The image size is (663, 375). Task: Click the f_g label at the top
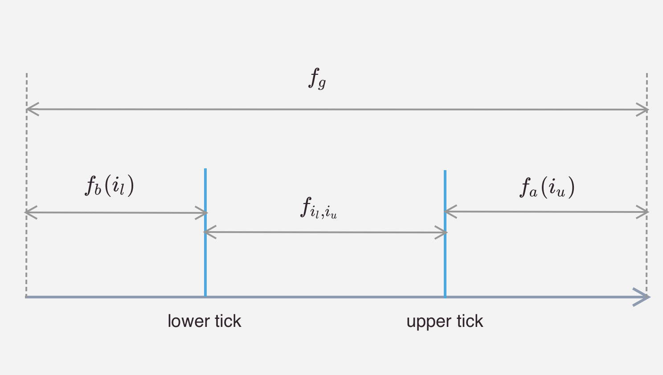[x=317, y=79]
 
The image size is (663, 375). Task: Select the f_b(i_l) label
[x=110, y=185]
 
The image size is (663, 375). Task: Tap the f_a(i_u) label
[x=547, y=187]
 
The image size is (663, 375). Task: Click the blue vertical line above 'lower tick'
[x=205, y=249]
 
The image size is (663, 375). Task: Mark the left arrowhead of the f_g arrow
[x=31, y=109]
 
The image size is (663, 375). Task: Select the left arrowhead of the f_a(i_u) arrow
[x=450, y=212]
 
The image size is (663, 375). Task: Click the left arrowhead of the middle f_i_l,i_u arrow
[x=209, y=232]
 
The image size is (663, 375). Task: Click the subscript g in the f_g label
[x=322, y=83]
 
